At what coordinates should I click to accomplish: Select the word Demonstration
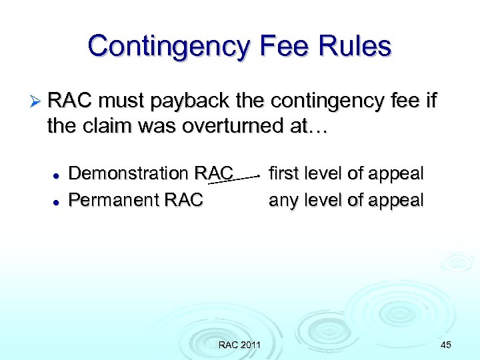tap(129, 173)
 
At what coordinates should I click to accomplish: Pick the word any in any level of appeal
tap(283, 200)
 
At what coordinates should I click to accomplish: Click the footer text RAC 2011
tap(239, 345)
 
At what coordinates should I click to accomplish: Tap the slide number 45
tap(446, 345)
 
